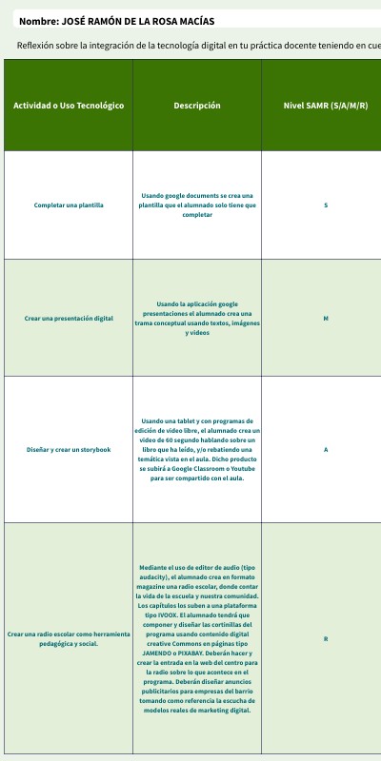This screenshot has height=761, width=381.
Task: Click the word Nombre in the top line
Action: pos(38,21)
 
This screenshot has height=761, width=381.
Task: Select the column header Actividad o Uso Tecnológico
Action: pos(69,106)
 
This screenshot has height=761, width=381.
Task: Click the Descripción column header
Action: pos(197,106)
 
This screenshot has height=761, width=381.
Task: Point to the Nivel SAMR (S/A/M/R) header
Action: pos(326,106)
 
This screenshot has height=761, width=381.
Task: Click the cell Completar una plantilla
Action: pos(69,205)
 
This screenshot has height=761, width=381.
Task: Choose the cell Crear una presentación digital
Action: pos(69,318)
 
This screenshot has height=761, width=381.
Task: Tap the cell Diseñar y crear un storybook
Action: pos(69,449)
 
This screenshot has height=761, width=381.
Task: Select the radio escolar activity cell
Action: pos(68,638)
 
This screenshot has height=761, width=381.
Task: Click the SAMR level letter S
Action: pos(326,205)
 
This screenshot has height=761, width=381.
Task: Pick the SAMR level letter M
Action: pos(326,318)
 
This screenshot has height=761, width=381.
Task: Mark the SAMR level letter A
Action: pos(326,449)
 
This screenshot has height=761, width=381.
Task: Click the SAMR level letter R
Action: pos(326,638)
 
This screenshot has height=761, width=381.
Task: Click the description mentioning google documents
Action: pos(197,205)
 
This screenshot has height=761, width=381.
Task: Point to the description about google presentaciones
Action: pos(197,318)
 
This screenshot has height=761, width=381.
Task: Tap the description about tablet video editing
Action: pos(197,449)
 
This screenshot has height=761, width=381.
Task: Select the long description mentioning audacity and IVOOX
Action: pos(197,638)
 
